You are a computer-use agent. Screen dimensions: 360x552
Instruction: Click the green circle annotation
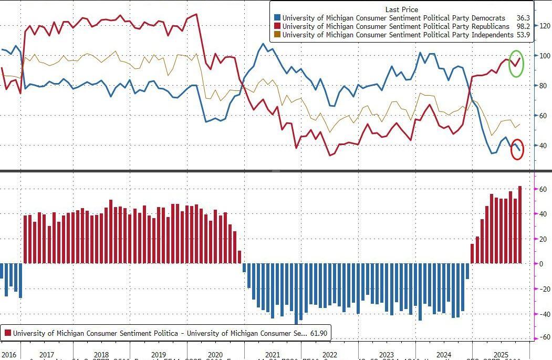coord(516,63)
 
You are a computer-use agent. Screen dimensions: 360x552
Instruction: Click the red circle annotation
coord(517,149)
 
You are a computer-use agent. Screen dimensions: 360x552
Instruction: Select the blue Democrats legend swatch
coord(277,17)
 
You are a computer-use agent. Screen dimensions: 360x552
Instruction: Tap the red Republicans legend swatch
coord(277,26)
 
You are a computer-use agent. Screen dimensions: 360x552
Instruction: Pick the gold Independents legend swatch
coord(277,35)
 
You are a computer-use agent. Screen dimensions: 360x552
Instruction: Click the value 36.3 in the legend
coord(523,17)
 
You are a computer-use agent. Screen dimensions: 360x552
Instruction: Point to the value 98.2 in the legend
coord(523,26)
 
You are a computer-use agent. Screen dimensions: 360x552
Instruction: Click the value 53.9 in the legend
coord(523,35)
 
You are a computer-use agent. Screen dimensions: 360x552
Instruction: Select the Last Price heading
coord(401,9)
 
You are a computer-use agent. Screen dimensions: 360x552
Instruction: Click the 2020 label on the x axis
coord(215,355)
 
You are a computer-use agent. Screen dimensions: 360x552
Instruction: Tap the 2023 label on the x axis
coord(386,355)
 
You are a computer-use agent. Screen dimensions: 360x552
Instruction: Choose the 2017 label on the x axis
coord(47,355)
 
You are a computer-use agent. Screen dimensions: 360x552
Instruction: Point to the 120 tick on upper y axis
coord(544,25)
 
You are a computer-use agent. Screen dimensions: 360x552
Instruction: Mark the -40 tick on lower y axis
coord(543,314)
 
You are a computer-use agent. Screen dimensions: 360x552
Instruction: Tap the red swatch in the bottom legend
coord(8,333)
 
